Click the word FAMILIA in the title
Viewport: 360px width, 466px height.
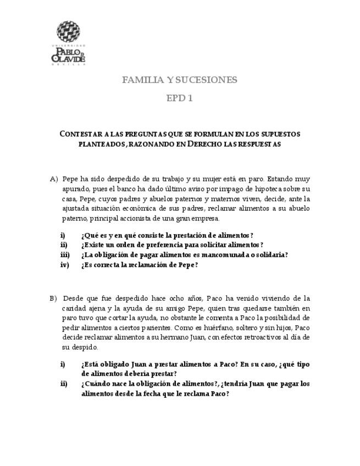140,80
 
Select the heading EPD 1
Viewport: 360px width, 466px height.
179,98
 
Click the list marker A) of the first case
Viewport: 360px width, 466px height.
54,179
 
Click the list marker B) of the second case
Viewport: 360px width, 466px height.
53,298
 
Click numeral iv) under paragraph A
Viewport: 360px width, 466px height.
65,264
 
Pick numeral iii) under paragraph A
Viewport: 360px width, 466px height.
65,254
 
